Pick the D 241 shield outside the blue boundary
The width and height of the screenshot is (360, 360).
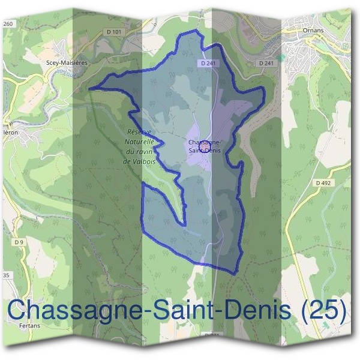click(266, 62)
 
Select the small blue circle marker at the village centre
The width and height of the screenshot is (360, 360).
click(205, 145)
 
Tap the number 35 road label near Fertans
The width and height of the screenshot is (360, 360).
click(7, 275)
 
